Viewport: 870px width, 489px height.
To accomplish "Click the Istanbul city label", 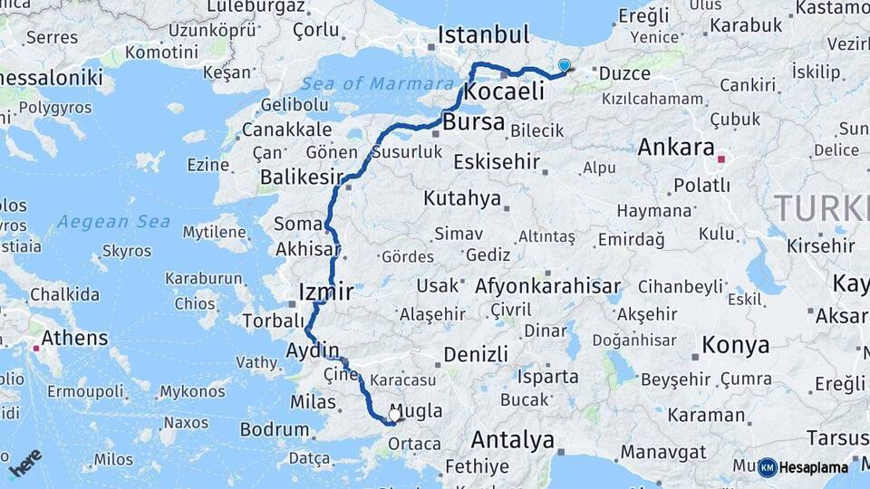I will pos(483,35).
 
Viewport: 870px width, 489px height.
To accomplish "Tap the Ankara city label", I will pos(676,147).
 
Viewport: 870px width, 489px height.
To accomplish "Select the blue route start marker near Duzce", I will pos(565,66).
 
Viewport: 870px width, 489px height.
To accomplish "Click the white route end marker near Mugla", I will pos(394,416).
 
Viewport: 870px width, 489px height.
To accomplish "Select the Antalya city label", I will pos(513,441).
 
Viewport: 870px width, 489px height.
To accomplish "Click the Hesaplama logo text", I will pos(816,467).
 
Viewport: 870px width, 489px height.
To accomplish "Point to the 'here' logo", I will pos(24,462).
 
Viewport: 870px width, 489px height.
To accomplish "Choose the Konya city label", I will pos(735,345).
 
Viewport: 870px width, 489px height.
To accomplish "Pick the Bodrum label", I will pos(275,429).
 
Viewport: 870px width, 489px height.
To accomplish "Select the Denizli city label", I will pos(476,354).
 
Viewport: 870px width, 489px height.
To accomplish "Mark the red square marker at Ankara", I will pos(721,159).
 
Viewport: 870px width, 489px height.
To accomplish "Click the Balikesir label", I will pos(299,177).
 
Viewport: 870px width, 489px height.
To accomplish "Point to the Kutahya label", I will pos(461,198).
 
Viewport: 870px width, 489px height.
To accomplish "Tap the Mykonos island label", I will pos(192,392).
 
